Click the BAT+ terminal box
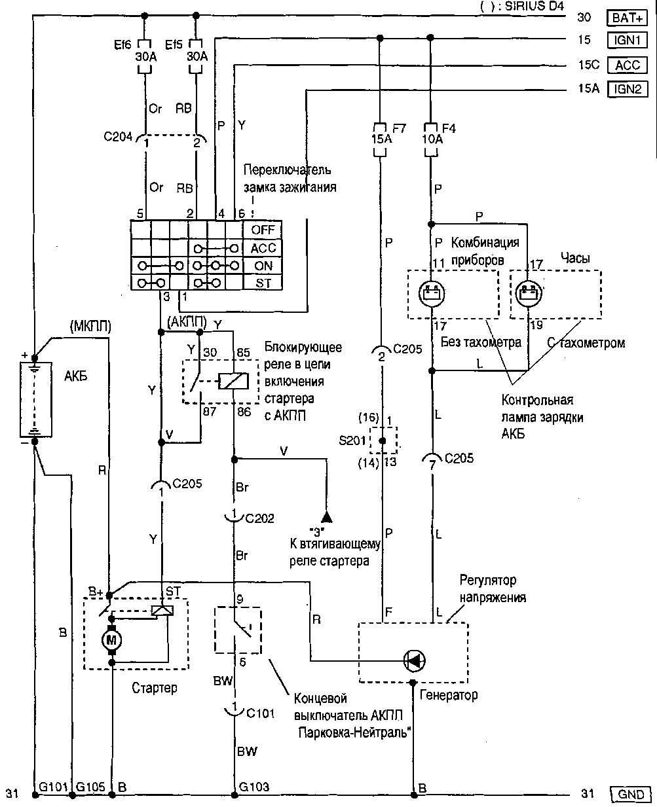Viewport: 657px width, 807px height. [628, 18]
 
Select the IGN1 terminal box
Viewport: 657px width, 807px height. [628, 41]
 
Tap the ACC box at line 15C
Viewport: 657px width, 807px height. [628, 65]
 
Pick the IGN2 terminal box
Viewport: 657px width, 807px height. [628, 89]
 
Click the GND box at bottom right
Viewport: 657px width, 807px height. [631, 795]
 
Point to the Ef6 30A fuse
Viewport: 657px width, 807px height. [145, 57]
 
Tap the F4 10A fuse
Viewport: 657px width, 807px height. [430, 139]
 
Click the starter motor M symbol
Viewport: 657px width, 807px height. [111, 638]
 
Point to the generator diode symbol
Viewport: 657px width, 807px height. [414, 660]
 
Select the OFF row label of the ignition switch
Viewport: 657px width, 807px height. [263, 230]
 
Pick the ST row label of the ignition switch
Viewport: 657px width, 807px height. [263, 283]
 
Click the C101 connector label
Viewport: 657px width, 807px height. [261, 713]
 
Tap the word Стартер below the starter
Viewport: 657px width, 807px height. [154, 688]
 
